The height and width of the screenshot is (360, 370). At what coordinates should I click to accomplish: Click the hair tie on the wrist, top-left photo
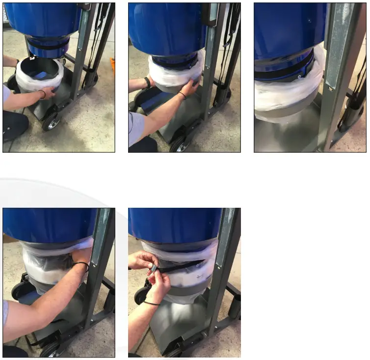43,93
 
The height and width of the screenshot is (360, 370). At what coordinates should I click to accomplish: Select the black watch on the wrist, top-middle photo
147,82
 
